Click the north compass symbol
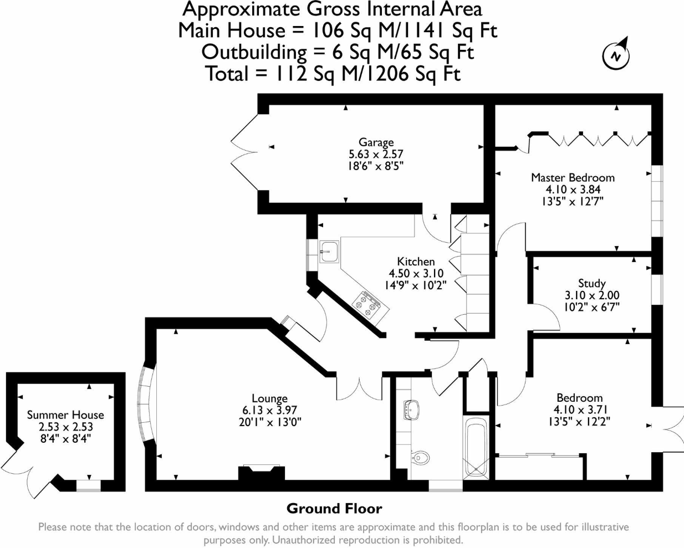616,54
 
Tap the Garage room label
376,142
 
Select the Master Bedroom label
573,178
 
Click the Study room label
591,283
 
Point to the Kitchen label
416,262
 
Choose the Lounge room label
269,398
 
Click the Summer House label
65,415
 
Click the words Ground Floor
334,509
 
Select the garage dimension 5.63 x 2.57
376,154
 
